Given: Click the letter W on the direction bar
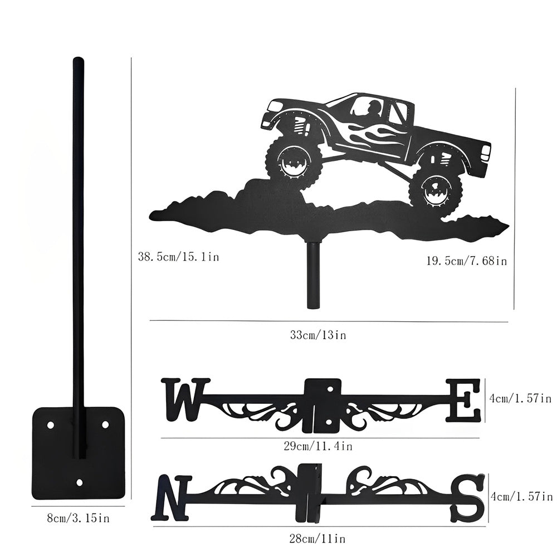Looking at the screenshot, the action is coord(183,399).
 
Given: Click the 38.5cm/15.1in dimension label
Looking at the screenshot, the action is coord(178,256).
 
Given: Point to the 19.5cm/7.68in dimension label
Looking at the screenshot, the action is coord(467,261).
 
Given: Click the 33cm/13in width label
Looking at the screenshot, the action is coord(318,335).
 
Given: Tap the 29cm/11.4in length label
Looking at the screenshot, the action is coord(318,446).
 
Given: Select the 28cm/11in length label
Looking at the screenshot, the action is coord(317,539).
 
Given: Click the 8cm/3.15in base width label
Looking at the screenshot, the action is coord(78,519).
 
